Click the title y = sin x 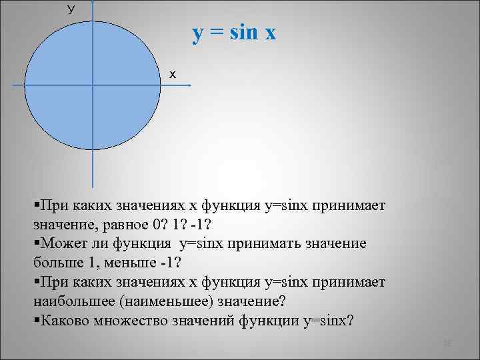pyautogui.click(x=233, y=33)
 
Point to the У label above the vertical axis pyautogui.click(x=71, y=9)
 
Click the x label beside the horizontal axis pyautogui.click(x=172, y=74)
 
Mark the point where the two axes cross pyautogui.click(x=92, y=85)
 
